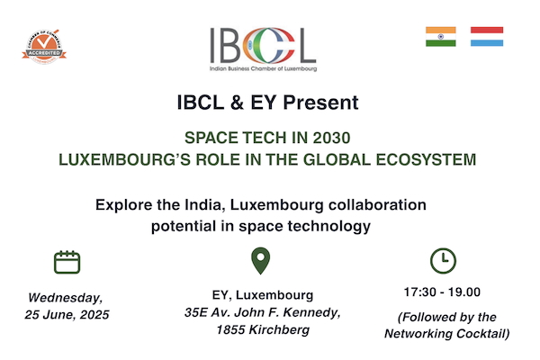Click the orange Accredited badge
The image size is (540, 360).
[x=44, y=47]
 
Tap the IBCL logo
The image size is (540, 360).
[x=263, y=49]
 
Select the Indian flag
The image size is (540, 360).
[x=440, y=37]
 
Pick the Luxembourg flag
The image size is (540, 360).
[x=487, y=37]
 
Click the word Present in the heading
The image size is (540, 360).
[x=320, y=103]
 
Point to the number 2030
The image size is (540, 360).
[x=331, y=138]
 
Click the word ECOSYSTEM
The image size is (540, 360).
[x=426, y=160]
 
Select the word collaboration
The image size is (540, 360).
[x=377, y=204]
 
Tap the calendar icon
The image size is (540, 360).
[x=67, y=262]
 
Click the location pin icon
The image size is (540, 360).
[x=261, y=261]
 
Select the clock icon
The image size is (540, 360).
[x=443, y=261]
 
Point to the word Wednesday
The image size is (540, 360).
[x=66, y=298]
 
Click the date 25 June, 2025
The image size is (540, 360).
[x=67, y=314]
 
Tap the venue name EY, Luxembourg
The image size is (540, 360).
[x=263, y=295]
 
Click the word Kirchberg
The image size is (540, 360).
[x=279, y=330]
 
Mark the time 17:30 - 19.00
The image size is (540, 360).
[x=442, y=292]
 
